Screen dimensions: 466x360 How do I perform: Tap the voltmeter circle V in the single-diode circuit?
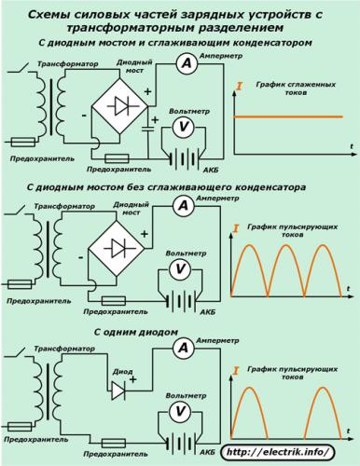(184, 409)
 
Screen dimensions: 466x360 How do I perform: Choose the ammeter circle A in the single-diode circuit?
(185, 348)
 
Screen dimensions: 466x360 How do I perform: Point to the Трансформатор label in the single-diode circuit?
(62, 347)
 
